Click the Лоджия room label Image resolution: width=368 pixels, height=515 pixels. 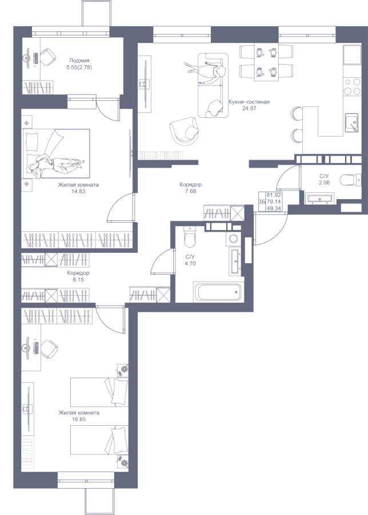point(79,61)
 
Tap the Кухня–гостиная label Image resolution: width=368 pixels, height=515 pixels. point(249,102)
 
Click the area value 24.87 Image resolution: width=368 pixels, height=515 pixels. point(249,108)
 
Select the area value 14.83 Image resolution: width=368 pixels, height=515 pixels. point(78,191)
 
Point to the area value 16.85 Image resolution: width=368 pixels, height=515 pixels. point(79,419)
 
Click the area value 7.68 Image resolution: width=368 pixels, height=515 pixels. point(190,191)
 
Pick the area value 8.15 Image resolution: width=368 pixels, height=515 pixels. point(78,280)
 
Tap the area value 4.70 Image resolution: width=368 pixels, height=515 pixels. point(190,263)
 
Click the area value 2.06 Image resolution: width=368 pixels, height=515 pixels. point(325,183)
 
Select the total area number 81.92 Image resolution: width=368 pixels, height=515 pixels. point(274,195)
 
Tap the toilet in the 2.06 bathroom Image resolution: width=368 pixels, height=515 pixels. point(350,180)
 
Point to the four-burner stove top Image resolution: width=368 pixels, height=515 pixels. point(352,87)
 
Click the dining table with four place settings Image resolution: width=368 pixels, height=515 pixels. point(266,62)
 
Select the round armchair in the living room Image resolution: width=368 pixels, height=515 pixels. point(185,130)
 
